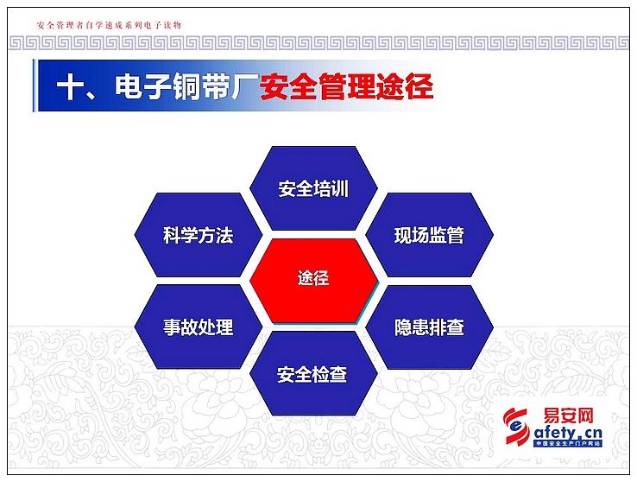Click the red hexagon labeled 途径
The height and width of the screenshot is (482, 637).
(313, 281)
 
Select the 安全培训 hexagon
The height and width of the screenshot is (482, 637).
(313, 188)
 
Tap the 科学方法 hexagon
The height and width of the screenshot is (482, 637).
(199, 235)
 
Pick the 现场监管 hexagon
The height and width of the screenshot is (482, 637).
(429, 235)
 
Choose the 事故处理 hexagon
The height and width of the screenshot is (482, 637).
(199, 327)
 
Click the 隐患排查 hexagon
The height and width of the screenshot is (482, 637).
(429, 327)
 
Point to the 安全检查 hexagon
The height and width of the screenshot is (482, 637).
(313, 373)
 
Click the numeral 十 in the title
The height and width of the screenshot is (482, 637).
(70, 87)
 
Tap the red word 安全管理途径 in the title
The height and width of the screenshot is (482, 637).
(346, 86)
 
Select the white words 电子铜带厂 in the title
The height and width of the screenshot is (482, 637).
(186, 86)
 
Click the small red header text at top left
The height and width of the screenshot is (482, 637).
(109, 25)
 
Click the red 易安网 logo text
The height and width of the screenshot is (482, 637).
(568, 416)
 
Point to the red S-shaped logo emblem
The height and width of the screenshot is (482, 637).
(516, 426)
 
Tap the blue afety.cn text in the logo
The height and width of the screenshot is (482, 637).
(568, 433)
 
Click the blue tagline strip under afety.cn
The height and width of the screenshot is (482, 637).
(568, 444)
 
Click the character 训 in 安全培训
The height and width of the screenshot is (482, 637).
(340, 189)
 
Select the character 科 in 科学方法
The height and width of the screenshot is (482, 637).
(172, 235)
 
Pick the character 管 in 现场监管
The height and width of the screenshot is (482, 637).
(456, 235)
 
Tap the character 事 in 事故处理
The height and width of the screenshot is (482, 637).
(172, 327)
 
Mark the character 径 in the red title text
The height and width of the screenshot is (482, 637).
(419, 86)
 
